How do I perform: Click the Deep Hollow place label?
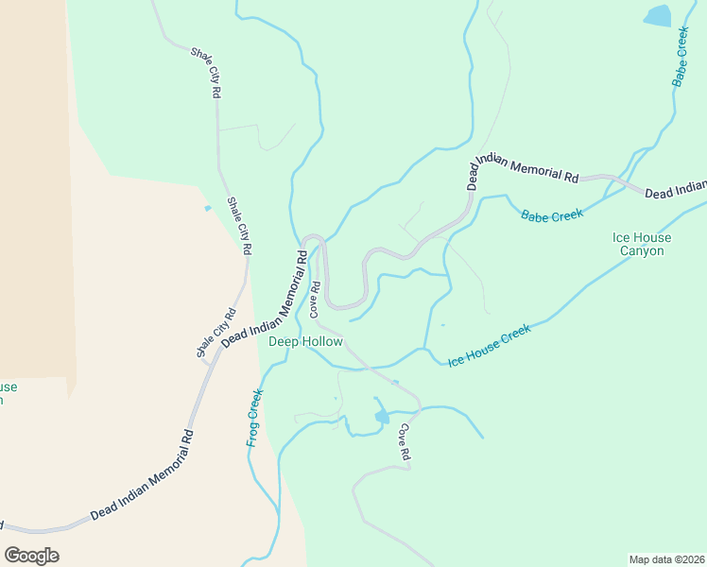(x=305, y=341)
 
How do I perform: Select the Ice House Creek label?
(x=491, y=346)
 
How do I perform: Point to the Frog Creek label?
(x=253, y=417)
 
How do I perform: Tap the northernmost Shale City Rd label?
(x=205, y=74)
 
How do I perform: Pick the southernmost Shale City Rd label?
(x=216, y=334)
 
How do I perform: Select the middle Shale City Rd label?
(x=239, y=226)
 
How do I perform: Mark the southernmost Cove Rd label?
(x=404, y=441)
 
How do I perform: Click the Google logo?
(x=31, y=556)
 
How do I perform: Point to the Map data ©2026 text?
(x=666, y=558)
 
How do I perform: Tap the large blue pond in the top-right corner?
(x=657, y=16)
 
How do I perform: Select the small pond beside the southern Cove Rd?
(x=382, y=416)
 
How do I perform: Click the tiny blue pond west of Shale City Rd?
(x=207, y=208)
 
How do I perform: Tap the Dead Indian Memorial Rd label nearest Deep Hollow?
(x=264, y=298)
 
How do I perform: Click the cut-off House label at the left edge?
(x=8, y=393)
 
